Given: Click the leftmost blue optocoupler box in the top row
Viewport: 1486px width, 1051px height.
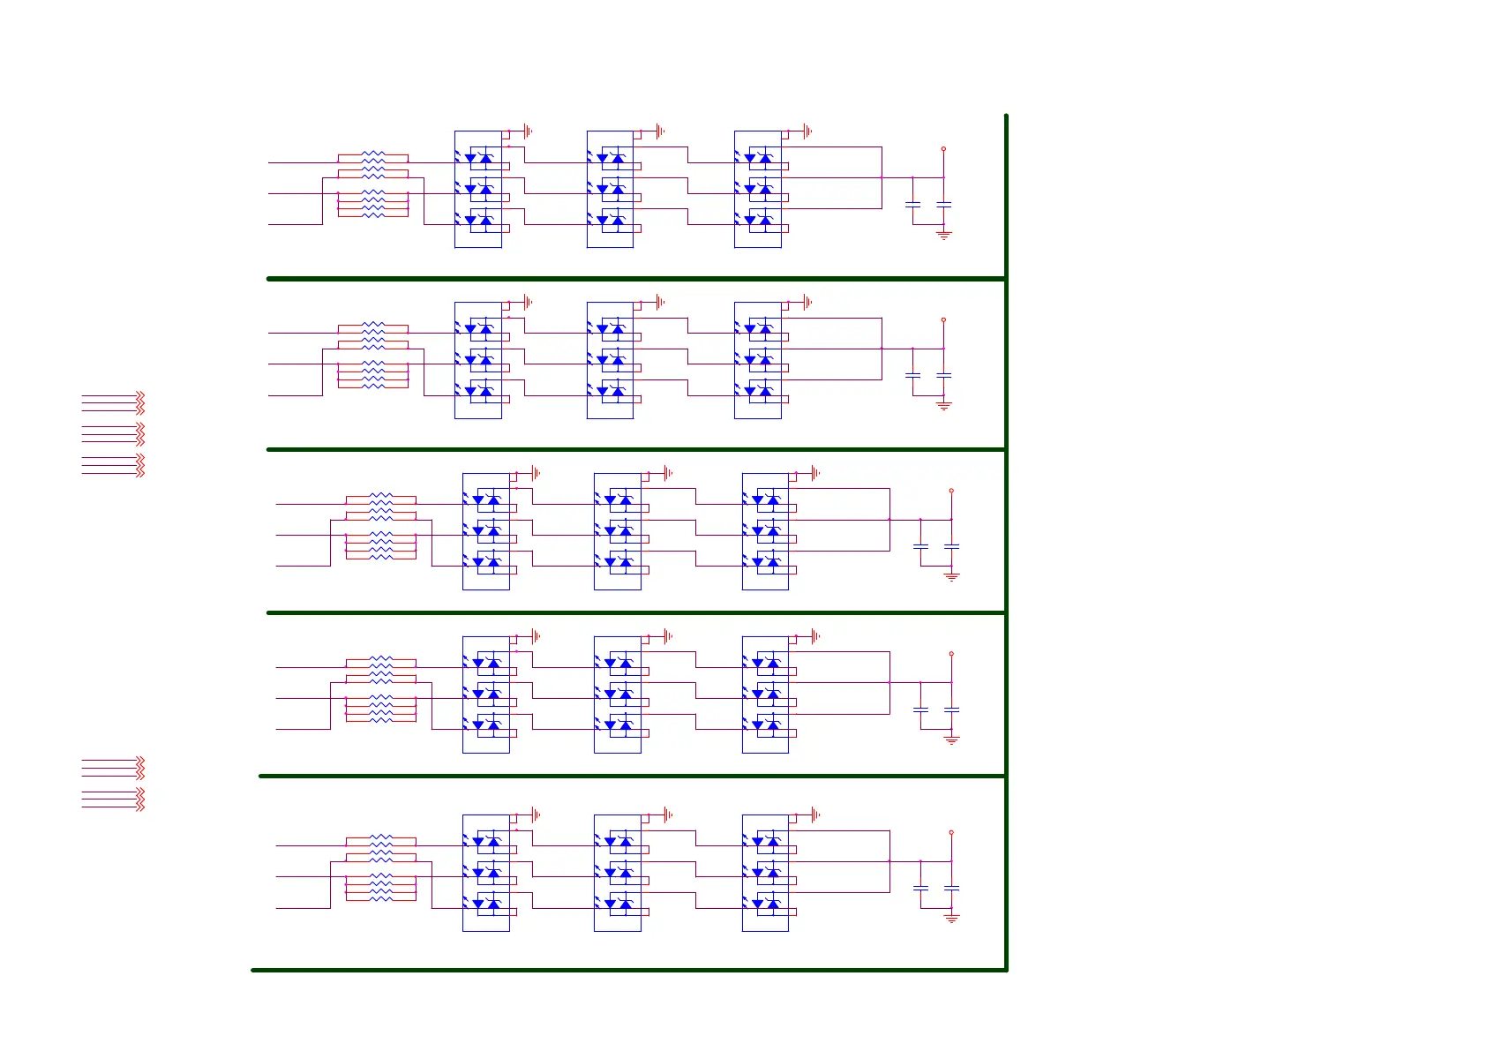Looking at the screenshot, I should coord(477,189).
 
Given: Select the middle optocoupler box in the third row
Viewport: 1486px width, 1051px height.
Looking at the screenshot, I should coord(617,531).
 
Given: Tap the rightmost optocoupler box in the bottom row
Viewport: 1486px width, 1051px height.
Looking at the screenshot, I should coord(765,873).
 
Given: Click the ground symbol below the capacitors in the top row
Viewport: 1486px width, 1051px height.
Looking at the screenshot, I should coord(943,236).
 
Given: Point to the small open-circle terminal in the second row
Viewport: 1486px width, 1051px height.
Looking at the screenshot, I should coord(943,319).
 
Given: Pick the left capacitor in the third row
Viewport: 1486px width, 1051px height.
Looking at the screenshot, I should coord(920,547).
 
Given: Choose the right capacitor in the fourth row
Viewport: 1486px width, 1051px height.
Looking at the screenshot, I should coord(951,709).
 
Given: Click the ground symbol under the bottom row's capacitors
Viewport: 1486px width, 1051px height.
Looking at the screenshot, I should coord(951,919).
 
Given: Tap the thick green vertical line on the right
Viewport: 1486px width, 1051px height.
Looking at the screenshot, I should coord(1006,529).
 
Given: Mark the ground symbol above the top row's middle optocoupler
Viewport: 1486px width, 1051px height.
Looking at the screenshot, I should coord(660,131).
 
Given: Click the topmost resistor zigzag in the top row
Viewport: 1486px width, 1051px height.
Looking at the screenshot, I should coord(373,154).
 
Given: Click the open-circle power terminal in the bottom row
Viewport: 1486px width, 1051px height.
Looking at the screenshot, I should coord(951,832).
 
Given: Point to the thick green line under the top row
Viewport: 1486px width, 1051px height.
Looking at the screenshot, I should coord(635,279).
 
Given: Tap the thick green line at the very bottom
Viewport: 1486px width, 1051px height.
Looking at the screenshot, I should coord(628,971).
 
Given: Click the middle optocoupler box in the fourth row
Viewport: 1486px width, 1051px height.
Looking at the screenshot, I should coord(617,694).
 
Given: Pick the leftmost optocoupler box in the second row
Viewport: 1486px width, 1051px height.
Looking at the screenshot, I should coord(477,360).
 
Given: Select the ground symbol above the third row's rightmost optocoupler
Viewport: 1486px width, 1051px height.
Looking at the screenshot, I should coord(815,473).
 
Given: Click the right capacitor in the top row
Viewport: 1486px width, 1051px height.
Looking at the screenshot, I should coord(943,205).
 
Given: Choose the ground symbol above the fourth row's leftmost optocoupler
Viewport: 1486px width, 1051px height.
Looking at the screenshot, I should coord(536,636).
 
